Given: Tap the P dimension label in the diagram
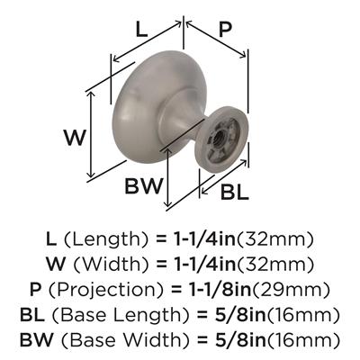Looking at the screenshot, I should pyautogui.click(x=225, y=29).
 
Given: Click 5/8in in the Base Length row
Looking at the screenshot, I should pyautogui.click(x=238, y=315).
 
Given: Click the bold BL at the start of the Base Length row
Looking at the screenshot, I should pyautogui.click(x=36, y=315).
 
